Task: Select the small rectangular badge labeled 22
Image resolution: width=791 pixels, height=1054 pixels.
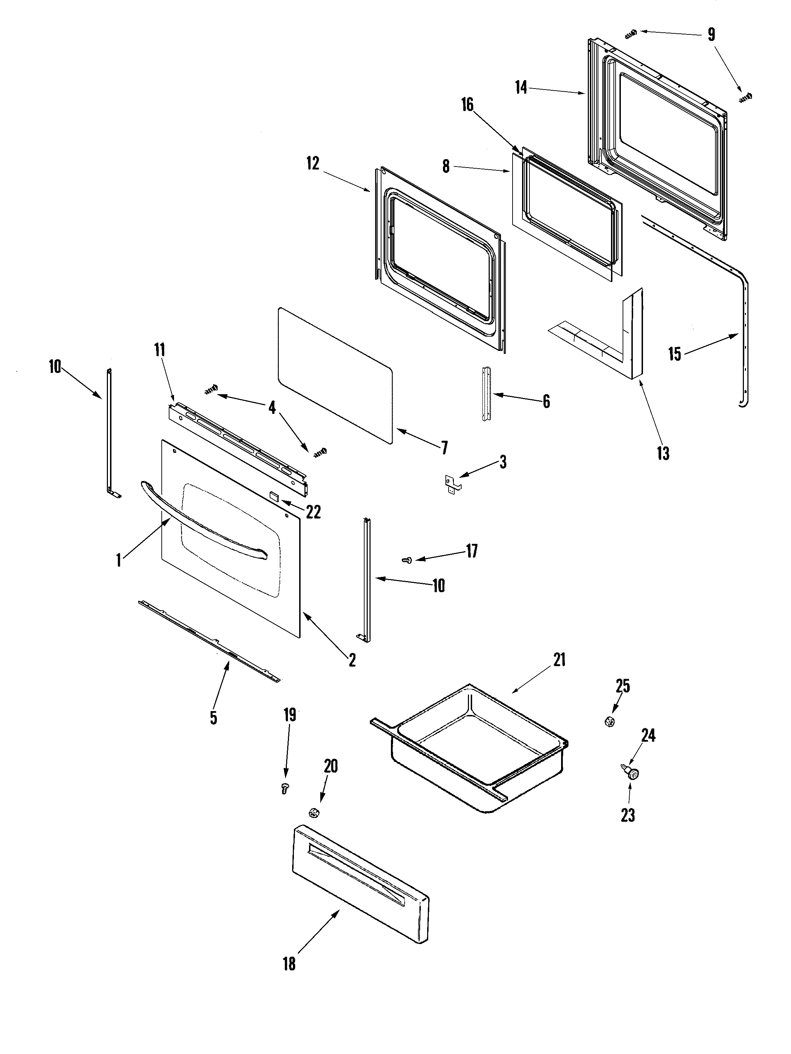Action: click(x=274, y=496)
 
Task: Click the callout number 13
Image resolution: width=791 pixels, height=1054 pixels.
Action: click(x=663, y=453)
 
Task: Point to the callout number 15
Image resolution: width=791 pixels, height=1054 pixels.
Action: click(x=674, y=354)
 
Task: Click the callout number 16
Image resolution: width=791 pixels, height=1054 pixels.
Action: click(x=467, y=105)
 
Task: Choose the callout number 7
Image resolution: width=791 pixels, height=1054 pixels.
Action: click(x=444, y=448)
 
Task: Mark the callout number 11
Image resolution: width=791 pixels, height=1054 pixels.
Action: click(x=159, y=349)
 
